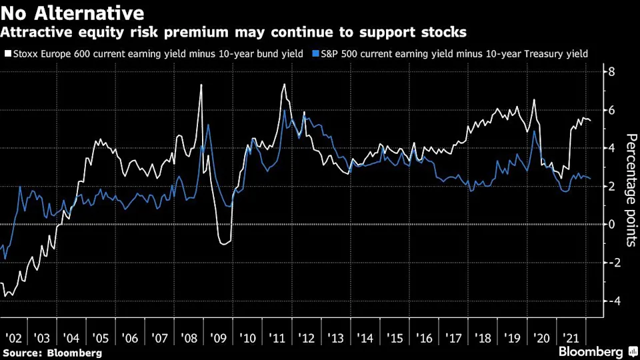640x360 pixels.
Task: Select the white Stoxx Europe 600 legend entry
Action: pyautogui.click(x=153, y=53)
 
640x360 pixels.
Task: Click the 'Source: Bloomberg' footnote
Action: pyautogui.click(x=52, y=352)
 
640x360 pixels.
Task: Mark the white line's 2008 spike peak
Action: pyautogui.click(x=201, y=85)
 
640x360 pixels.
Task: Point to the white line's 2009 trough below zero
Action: pyautogui.click(x=224, y=243)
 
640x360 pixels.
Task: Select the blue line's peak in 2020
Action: pyautogui.click(x=534, y=131)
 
